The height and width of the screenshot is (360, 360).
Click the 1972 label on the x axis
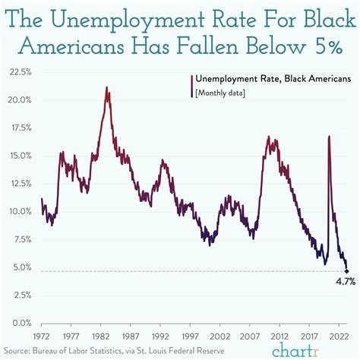[x=42, y=334]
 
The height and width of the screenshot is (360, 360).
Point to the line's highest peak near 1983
[x=107, y=88]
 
